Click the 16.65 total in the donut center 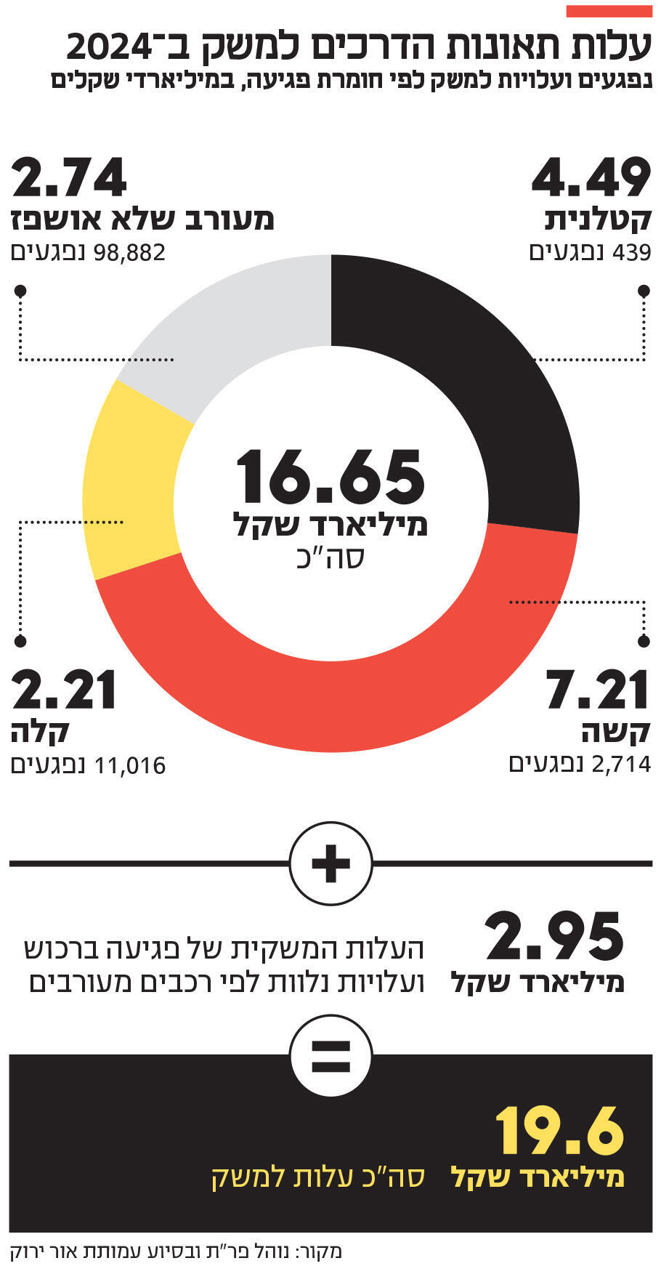[330, 477]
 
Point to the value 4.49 [591, 178]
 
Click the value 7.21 [597, 690]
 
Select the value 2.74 [70, 178]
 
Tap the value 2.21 [64, 690]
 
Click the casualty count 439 [631, 253]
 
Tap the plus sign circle [330, 863]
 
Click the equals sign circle [330, 1056]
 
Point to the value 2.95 [555, 938]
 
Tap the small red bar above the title [609, 11]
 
